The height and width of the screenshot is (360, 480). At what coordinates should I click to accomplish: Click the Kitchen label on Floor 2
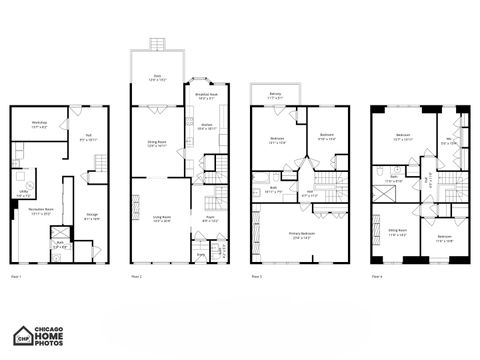coord(206,127)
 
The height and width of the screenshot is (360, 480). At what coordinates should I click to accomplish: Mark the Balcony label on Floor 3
coord(275,96)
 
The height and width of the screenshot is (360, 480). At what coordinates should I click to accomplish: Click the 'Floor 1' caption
coord(15,275)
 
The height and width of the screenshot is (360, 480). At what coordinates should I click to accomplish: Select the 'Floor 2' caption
coord(136,275)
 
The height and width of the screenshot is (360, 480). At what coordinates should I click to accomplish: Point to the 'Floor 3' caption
coord(256,275)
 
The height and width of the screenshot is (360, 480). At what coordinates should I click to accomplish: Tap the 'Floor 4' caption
coord(377,275)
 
